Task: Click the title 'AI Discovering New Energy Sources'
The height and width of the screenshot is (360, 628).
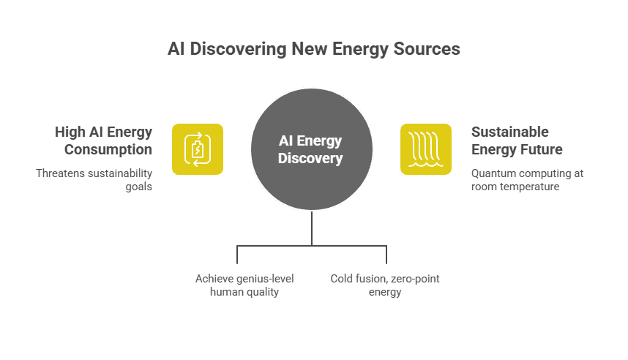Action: (313, 49)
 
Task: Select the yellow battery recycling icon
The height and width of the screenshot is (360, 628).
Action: (198, 149)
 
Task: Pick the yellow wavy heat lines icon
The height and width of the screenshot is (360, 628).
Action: (425, 149)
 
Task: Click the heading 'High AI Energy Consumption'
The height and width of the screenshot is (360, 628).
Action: (103, 140)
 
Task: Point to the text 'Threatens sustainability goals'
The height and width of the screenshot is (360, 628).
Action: (94, 180)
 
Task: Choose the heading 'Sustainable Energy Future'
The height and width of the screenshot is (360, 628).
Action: (517, 140)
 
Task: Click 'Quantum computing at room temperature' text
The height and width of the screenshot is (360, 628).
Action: (527, 180)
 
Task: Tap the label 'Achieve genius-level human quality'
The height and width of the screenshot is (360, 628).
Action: (237, 285)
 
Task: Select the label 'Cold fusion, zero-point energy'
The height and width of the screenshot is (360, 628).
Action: (385, 285)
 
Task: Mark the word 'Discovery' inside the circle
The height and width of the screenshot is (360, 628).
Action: (311, 157)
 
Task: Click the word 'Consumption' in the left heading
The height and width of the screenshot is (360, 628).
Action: (108, 149)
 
